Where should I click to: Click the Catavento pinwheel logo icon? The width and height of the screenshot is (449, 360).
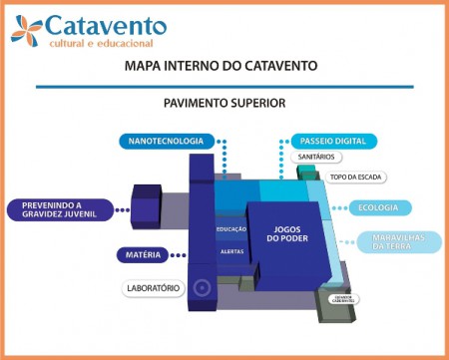tap(28, 30)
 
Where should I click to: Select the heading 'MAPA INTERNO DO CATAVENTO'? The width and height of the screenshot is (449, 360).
tap(222, 67)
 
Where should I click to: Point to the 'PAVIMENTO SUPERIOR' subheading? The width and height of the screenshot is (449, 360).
tap(224, 103)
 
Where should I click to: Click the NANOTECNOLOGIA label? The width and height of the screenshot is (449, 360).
tap(166, 141)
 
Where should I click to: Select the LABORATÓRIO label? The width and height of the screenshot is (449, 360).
tap(153, 288)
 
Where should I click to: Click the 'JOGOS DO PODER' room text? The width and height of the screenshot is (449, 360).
tap(288, 234)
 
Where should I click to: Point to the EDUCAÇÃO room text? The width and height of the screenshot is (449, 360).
tap(231, 230)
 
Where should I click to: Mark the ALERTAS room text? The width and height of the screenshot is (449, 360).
tap(231, 251)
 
